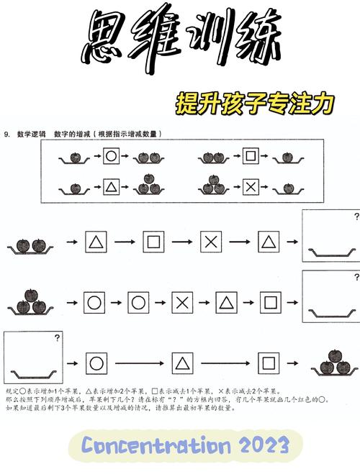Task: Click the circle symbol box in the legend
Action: tap(110, 155)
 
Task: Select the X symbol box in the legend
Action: tap(251, 187)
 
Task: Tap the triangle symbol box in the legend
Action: tap(110, 187)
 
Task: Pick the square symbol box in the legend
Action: tap(250, 155)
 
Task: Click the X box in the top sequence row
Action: tap(210, 242)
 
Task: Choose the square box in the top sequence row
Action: tap(153, 242)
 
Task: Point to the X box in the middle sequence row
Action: tap(182, 303)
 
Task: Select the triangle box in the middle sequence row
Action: tap(225, 303)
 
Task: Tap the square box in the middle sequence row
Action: tap(269, 303)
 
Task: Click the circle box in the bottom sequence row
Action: tap(95, 363)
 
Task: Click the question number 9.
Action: tap(6, 134)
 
